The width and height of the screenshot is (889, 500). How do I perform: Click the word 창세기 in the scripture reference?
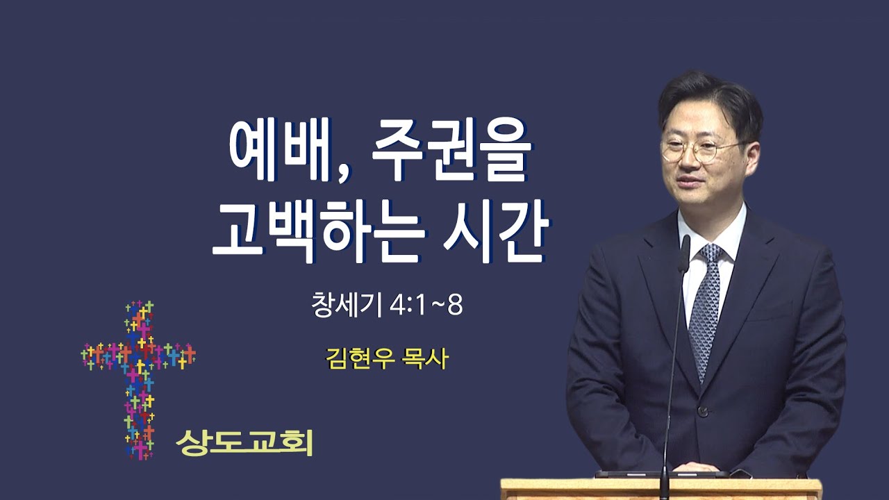click(347, 305)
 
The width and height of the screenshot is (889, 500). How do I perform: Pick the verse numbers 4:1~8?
click(426, 306)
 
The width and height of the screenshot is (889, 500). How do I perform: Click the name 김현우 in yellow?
click(360, 359)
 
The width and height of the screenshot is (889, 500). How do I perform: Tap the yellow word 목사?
click(425, 359)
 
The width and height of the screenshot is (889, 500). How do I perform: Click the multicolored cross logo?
click(138, 380)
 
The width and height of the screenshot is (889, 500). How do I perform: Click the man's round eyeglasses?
click(701, 151)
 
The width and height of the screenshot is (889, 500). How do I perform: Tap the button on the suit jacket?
click(703, 412)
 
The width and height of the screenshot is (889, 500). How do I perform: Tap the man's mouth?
click(688, 182)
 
